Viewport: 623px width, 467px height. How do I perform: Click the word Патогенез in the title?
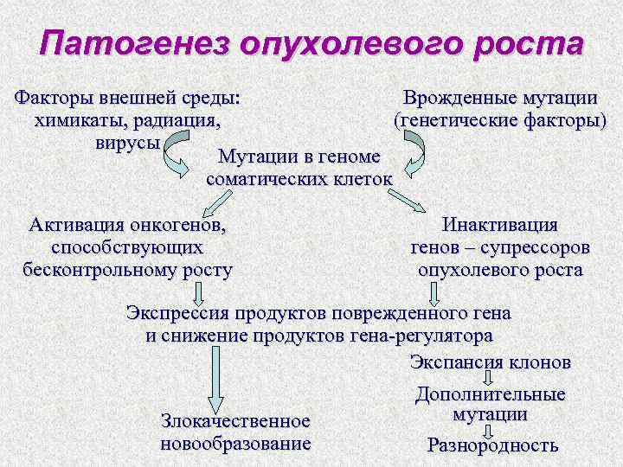pos(127,45)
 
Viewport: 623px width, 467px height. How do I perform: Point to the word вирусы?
pos(127,141)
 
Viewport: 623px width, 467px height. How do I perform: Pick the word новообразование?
pos(235,444)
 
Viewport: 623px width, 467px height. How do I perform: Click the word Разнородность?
pos(492,446)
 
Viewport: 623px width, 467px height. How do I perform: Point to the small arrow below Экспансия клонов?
pos(490,378)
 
